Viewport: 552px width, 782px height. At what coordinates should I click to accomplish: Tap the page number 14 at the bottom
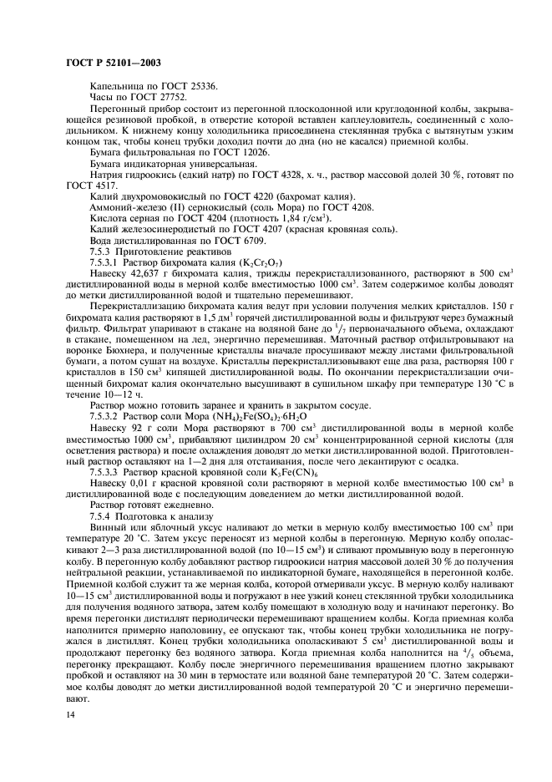[69, 715]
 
